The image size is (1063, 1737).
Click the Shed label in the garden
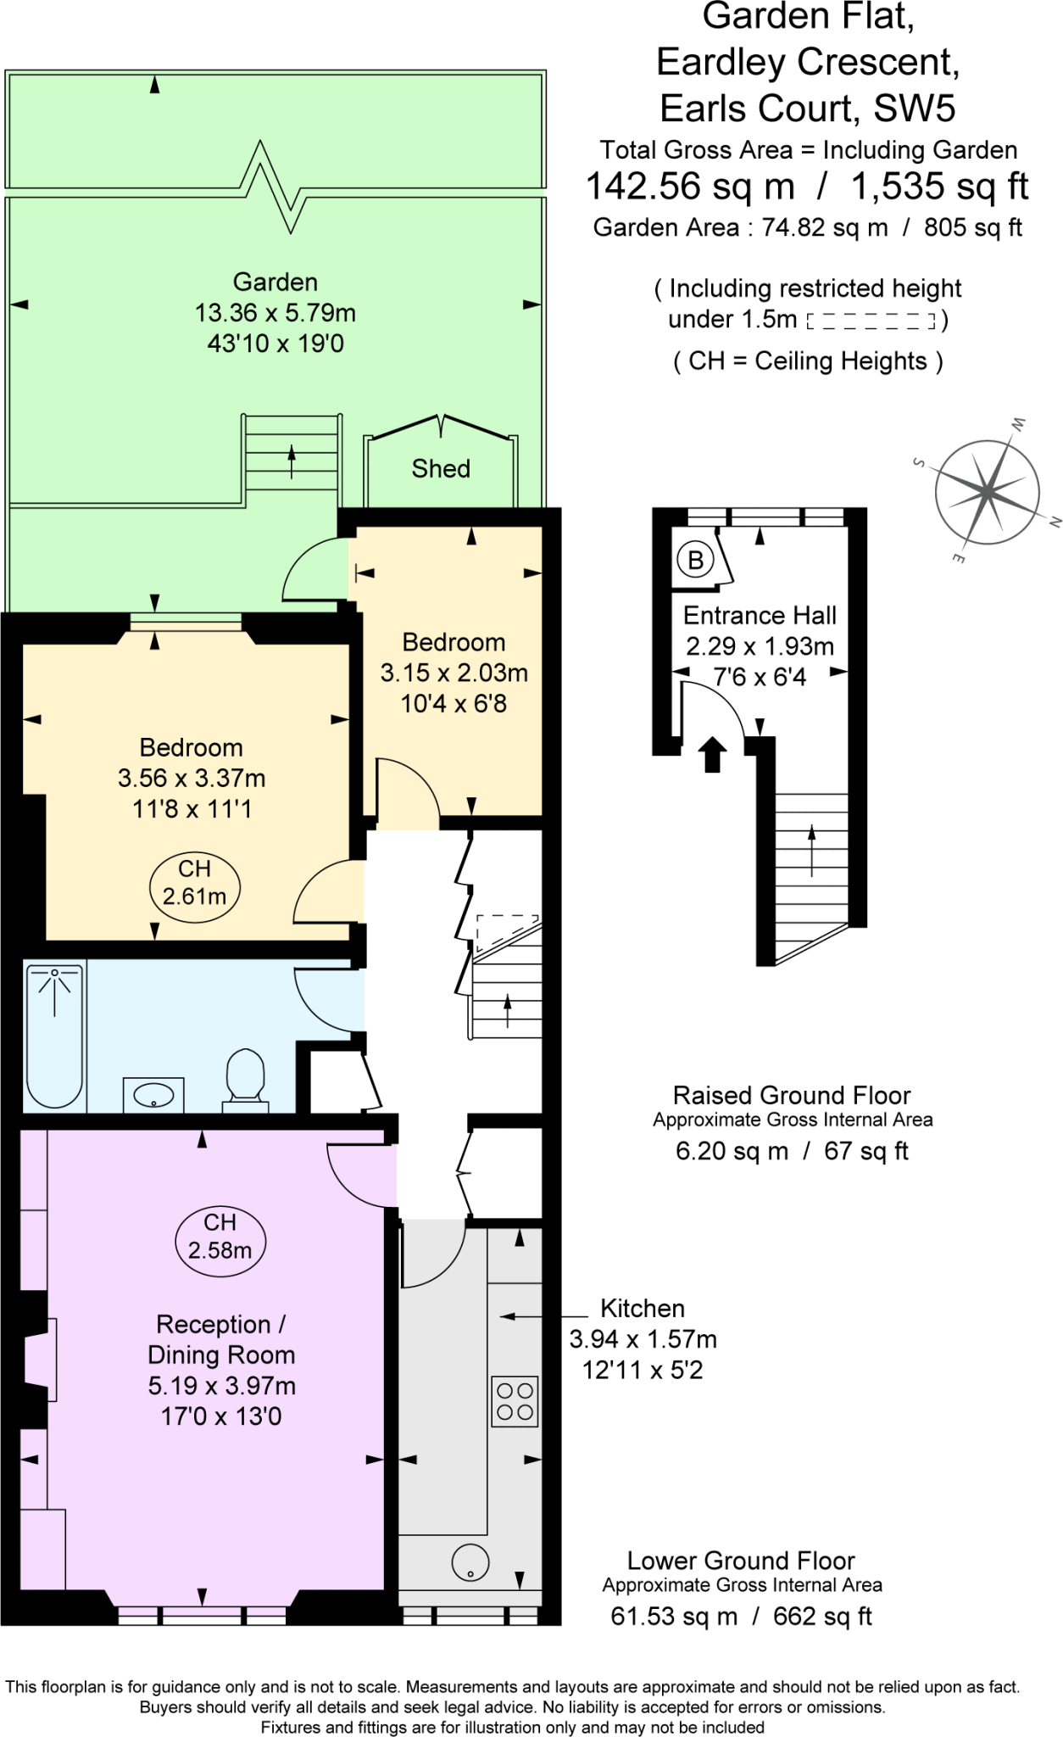(441, 468)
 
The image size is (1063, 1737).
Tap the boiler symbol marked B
(695, 560)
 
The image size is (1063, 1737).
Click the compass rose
(988, 491)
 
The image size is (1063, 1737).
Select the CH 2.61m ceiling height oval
(194, 883)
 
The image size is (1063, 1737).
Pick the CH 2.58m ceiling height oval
(220, 1237)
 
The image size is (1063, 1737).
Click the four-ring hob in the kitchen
(515, 1401)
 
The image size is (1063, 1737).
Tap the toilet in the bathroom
(245, 1079)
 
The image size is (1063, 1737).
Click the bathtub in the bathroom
(55, 1035)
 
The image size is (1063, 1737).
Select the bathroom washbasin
(153, 1094)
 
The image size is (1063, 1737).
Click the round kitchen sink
(470, 1561)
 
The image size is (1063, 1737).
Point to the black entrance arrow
(712, 753)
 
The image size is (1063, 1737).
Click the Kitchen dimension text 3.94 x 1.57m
(643, 1339)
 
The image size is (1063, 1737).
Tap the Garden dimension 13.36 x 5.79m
(275, 313)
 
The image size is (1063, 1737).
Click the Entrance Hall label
(760, 615)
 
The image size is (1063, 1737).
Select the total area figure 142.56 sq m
(690, 187)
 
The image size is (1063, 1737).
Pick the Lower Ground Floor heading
(741, 1561)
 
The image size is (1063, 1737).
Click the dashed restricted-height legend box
(871, 321)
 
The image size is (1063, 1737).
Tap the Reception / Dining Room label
(221, 1339)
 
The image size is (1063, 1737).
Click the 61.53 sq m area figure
(674, 1617)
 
